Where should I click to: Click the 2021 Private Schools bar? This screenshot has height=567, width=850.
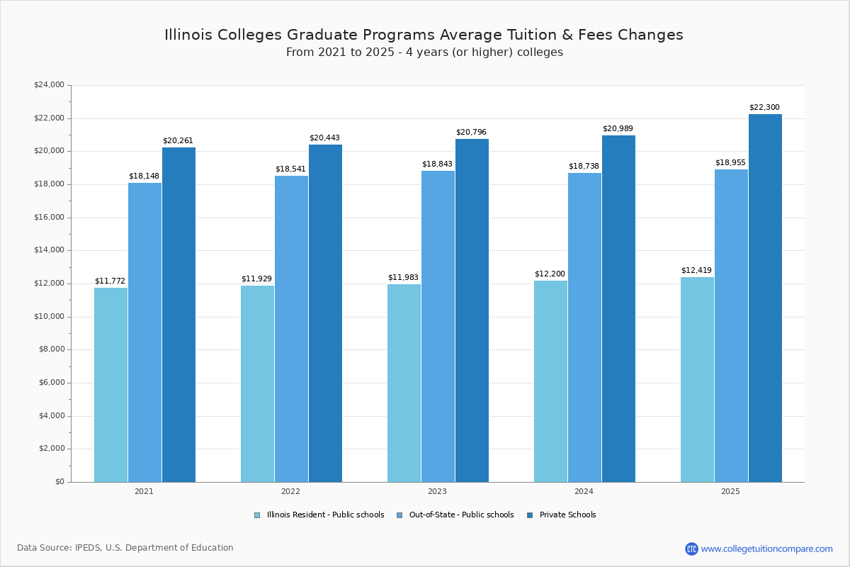(178, 315)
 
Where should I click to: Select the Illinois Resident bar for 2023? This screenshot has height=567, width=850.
(404, 383)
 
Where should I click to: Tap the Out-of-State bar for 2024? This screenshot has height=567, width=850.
(584, 327)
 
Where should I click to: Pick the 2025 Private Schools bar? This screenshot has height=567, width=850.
(765, 298)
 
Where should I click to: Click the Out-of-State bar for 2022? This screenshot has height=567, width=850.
(291, 329)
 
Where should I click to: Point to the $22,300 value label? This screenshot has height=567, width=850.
(764, 108)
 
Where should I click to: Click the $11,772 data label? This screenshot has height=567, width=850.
(110, 281)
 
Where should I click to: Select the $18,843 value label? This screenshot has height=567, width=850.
(437, 164)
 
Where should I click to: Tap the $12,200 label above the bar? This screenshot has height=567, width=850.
(550, 274)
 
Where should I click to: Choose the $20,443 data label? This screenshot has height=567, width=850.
(324, 138)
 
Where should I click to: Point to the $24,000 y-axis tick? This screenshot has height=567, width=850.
(49, 85)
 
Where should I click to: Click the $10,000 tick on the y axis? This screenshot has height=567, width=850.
(49, 317)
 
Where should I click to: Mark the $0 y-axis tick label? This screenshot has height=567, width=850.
(59, 482)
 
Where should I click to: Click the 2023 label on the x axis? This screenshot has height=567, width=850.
(437, 491)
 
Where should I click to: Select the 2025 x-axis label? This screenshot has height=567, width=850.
(730, 491)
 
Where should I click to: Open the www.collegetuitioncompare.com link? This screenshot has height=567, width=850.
(766, 549)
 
